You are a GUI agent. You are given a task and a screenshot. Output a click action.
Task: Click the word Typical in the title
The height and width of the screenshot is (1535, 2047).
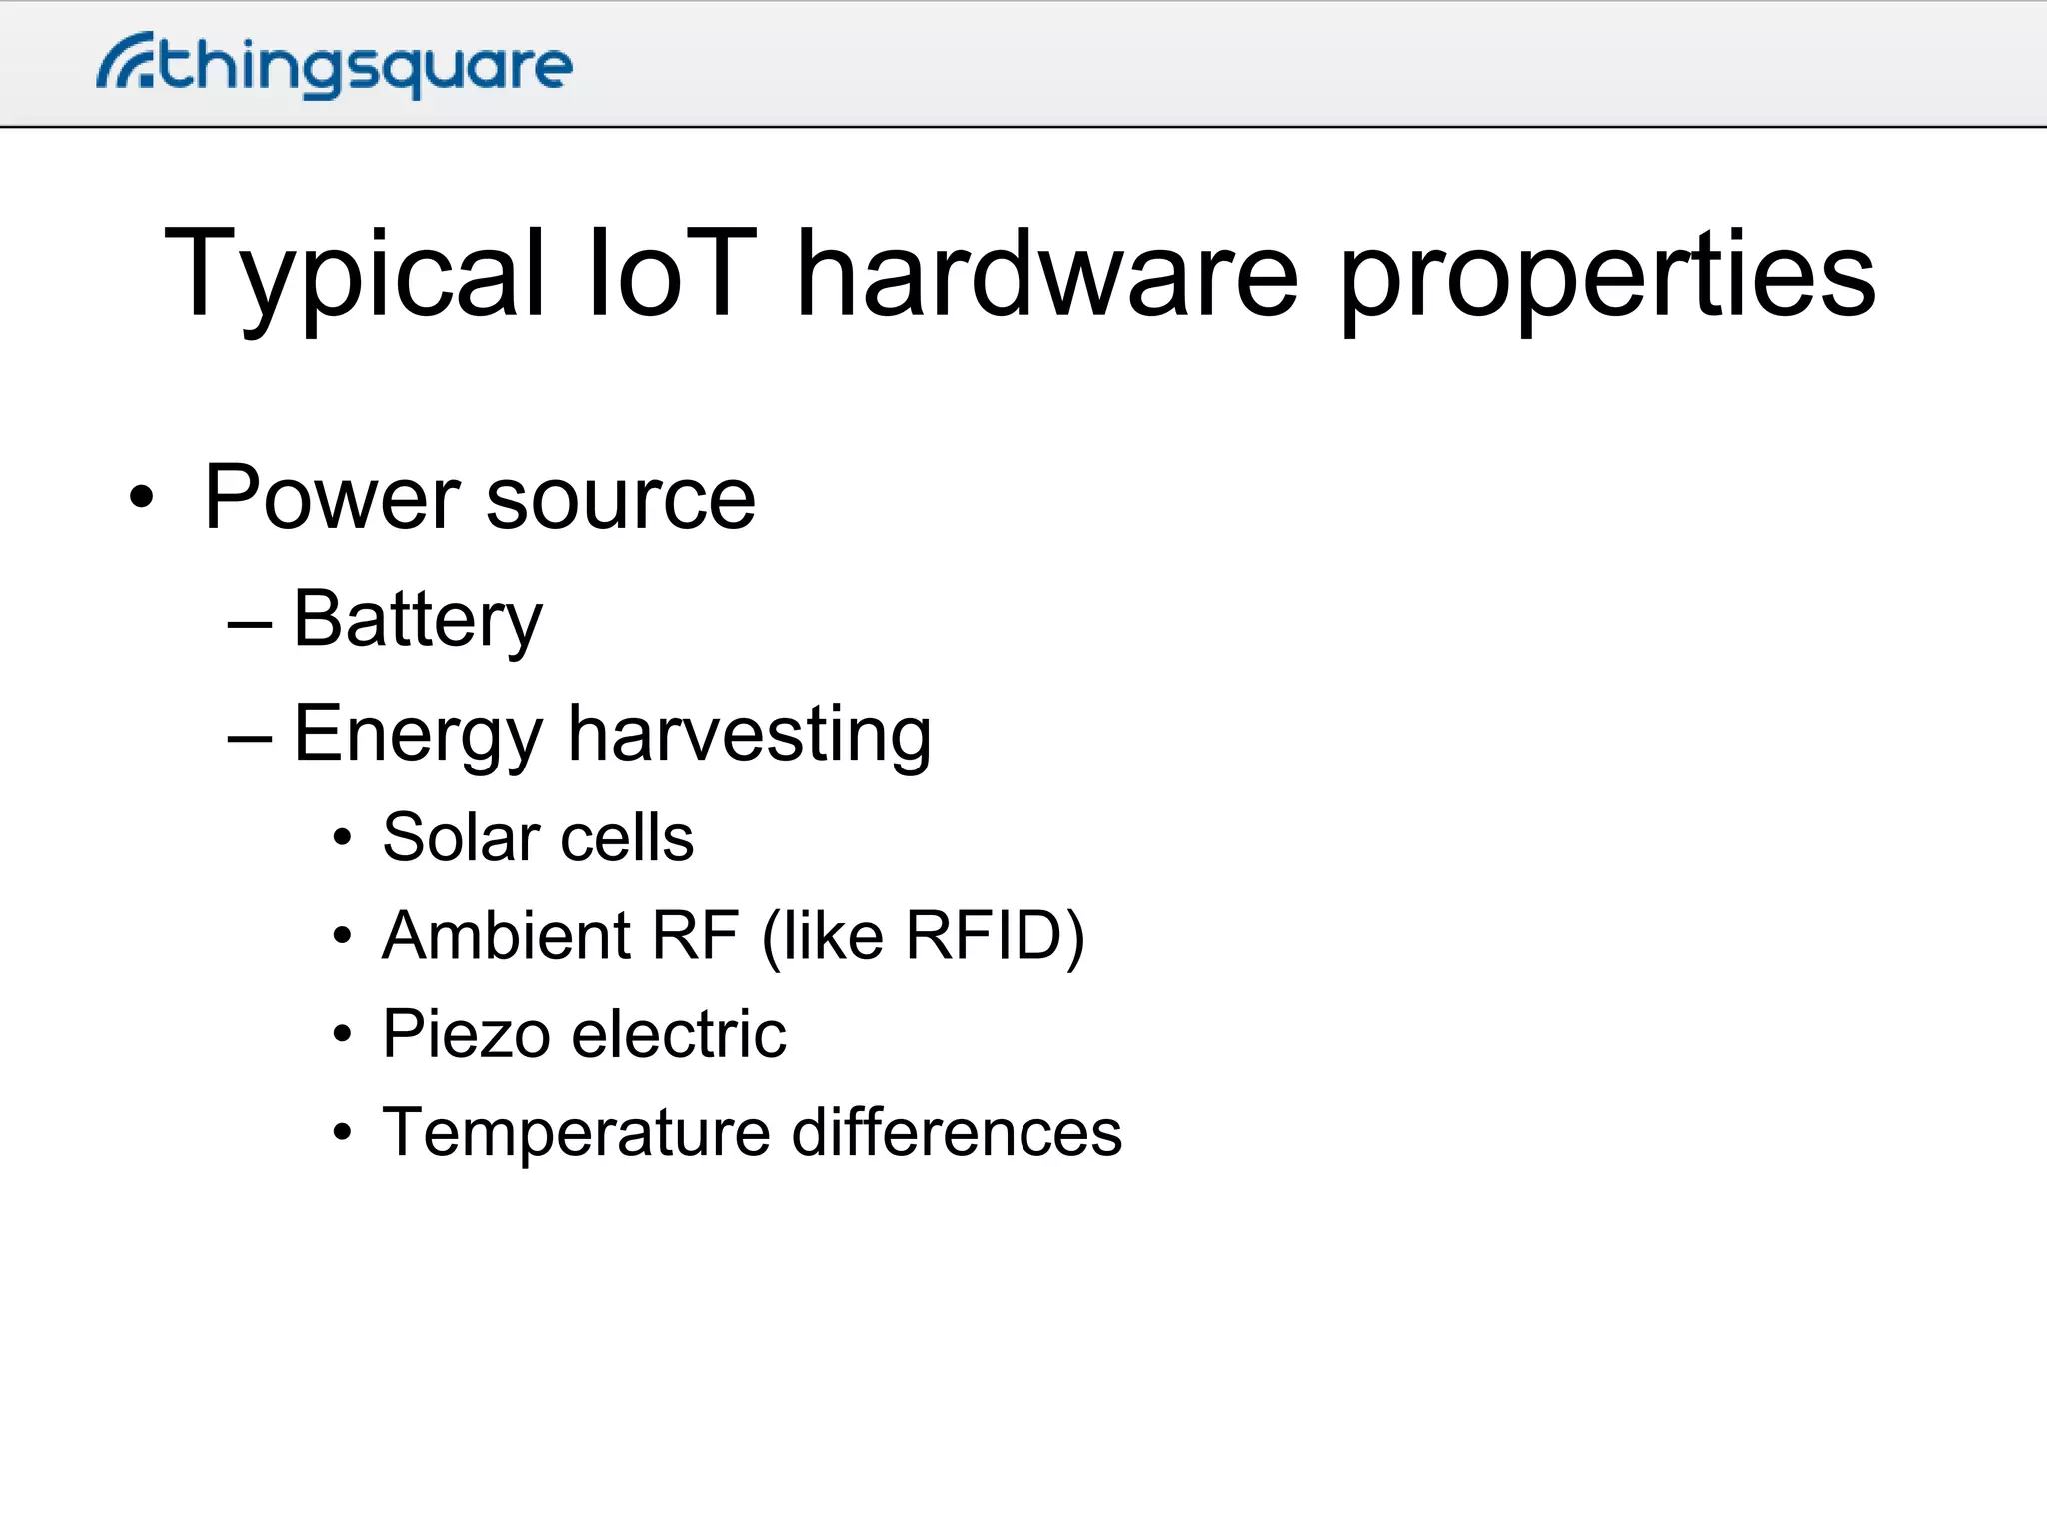point(355,275)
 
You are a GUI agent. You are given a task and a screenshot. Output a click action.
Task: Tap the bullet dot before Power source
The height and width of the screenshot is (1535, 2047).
point(142,497)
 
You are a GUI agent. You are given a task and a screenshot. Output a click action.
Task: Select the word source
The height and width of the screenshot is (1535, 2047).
point(620,500)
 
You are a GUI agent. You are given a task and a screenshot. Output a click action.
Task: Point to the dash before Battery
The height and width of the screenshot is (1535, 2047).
point(250,626)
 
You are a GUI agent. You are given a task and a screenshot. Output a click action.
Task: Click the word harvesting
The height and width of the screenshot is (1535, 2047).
point(750,735)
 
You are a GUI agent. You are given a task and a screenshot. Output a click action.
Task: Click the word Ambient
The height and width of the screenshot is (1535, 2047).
point(506,936)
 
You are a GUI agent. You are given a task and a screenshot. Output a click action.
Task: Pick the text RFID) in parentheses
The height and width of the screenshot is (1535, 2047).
point(995,937)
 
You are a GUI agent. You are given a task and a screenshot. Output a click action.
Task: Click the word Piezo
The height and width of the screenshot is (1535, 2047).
point(465,1034)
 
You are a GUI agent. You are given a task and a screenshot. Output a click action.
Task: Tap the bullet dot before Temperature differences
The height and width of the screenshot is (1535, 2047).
point(343,1133)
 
